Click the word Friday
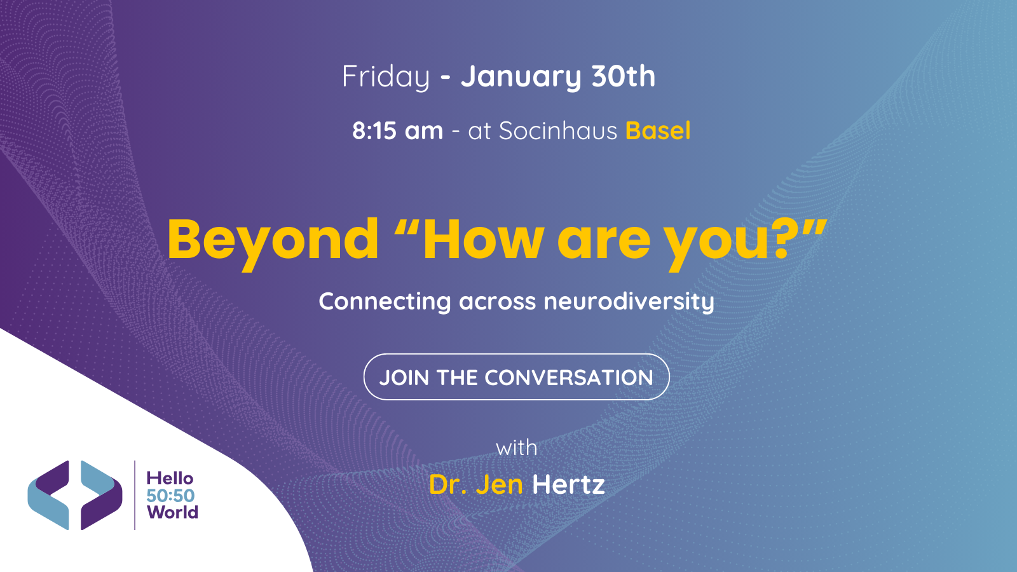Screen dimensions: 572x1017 point(386,77)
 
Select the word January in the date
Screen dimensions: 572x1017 point(521,77)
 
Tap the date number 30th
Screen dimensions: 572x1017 point(623,77)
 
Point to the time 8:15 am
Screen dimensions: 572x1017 point(398,131)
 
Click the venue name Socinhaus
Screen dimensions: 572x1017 point(557,131)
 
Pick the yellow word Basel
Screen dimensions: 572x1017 point(658,131)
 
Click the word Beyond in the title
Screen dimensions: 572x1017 point(273,240)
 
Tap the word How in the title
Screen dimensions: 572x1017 point(483,240)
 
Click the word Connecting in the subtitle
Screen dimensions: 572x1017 point(385,301)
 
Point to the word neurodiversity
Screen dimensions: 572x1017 point(629,301)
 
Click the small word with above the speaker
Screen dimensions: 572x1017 point(516,448)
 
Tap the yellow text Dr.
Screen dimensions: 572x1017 point(448,485)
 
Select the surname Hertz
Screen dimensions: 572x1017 point(568,485)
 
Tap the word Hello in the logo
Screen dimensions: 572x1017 point(170,478)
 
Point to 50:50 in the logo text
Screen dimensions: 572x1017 point(170,496)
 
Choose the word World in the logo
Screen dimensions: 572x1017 point(172,512)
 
